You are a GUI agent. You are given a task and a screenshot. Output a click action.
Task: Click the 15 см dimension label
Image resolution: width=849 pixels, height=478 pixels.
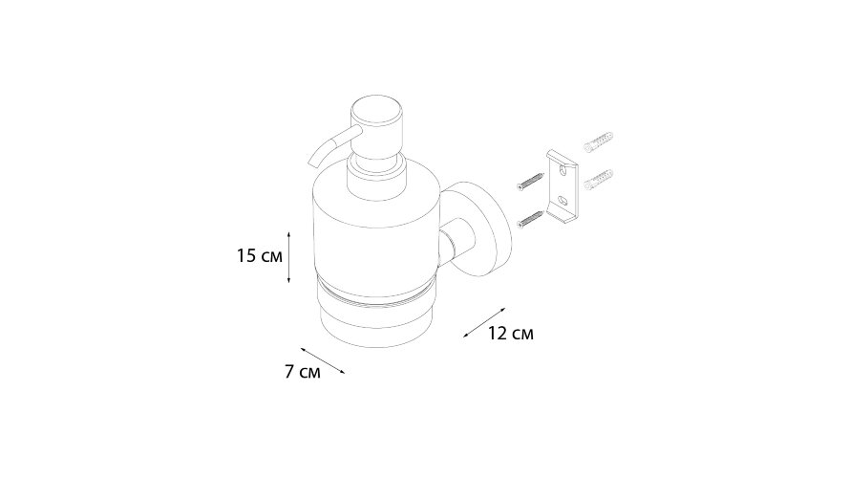coord(260,256)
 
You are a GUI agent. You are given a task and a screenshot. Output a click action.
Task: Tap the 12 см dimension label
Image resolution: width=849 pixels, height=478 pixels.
coord(510,334)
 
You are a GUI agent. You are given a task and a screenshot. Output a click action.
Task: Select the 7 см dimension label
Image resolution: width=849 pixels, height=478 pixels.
coord(303,372)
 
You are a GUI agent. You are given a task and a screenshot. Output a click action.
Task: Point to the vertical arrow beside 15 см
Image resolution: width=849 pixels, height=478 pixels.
coord(288,256)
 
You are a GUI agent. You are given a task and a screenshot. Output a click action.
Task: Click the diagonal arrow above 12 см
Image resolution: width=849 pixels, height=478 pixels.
coord(484,323)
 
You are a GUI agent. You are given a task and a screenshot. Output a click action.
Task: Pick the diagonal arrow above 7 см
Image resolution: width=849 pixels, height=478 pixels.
coord(323,360)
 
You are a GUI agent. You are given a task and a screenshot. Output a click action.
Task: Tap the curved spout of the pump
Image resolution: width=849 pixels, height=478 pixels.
coord(328,148)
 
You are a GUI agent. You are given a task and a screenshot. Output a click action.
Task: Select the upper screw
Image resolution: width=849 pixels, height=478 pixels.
coord(530,181)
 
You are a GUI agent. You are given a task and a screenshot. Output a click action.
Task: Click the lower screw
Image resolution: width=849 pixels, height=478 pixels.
coord(531,217)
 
